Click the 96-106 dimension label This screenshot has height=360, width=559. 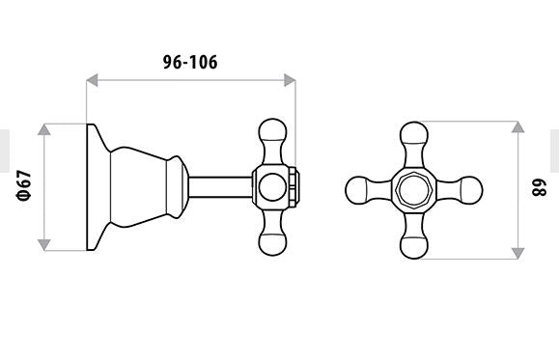[190, 63]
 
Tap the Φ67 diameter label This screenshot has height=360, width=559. [24, 186]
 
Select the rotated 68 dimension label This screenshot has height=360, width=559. [539, 187]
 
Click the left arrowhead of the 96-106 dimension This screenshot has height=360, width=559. [92, 80]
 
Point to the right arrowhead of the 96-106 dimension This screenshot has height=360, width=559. [290, 80]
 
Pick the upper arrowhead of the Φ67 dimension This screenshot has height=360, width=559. [43, 129]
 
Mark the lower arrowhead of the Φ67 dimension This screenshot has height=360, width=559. [43, 244]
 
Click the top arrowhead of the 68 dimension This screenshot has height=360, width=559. [517, 126]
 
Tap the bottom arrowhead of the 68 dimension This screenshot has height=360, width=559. [517, 254]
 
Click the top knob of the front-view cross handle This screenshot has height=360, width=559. [414, 133]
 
